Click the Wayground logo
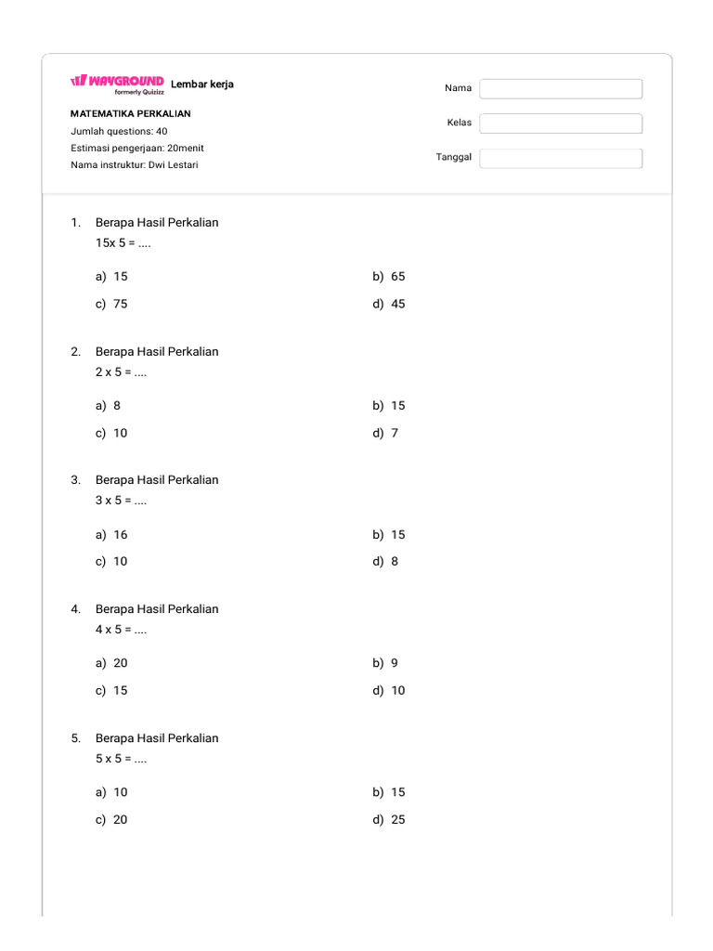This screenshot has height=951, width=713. (117, 83)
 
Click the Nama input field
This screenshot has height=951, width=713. (561, 88)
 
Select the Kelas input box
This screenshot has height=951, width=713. (561, 124)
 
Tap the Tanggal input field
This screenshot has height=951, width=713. (561, 158)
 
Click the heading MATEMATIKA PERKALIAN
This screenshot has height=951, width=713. (131, 113)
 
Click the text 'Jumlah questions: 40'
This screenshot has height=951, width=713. (119, 131)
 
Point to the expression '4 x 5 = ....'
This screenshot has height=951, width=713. (122, 629)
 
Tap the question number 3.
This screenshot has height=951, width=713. (75, 480)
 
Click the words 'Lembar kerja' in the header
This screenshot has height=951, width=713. (202, 85)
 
